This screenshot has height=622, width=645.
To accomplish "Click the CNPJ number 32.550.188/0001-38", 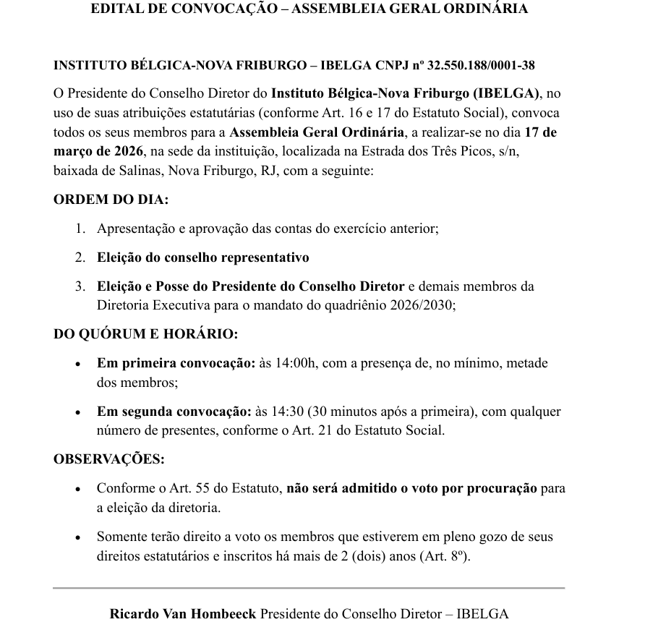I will click(x=482, y=65).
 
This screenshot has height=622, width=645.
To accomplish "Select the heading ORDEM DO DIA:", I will click(x=111, y=200).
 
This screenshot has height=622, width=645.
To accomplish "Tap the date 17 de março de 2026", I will click(x=304, y=142).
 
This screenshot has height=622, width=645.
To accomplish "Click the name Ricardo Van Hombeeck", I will click(x=183, y=614).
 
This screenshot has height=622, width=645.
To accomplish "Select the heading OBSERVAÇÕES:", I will click(x=109, y=459).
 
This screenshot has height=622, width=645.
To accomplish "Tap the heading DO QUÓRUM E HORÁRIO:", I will click(x=145, y=334).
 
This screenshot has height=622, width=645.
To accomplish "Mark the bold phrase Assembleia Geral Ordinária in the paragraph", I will click(x=317, y=132).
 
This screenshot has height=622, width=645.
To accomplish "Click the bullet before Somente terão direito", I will click(x=78, y=537).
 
